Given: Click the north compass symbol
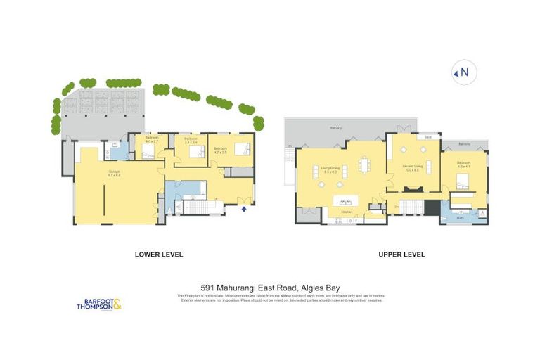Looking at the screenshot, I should [464, 72].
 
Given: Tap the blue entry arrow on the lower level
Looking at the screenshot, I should [244, 209].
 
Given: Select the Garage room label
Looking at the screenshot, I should [113, 172].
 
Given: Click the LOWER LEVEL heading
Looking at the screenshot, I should [155, 255].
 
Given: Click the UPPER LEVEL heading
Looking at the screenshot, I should [401, 255].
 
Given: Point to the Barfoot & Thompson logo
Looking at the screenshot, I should [99, 304].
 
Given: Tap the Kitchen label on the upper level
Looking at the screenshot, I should [346, 212].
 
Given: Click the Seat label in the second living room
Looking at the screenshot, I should [428, 137].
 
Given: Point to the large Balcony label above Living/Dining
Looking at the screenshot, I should [336, 129].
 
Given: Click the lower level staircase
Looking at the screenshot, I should [202, 207].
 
